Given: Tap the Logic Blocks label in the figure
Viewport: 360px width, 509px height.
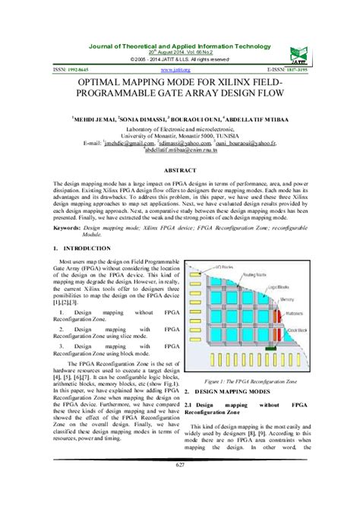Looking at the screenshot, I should pos(285,289).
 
